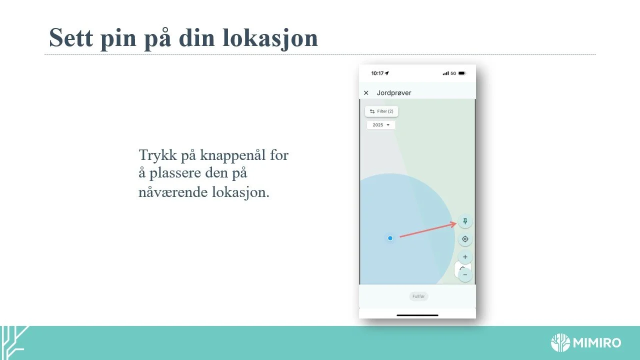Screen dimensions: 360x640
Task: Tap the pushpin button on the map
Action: click(x=465, y=221)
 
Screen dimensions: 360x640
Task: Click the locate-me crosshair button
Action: click(x=465, y=239)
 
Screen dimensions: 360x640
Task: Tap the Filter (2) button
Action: click(x=381, y=111)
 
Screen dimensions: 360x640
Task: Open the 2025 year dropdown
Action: click(x=381, y=125)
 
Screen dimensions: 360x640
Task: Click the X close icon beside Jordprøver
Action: click(x=366, y=93)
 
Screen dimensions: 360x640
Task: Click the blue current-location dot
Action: click(x=390, y=238)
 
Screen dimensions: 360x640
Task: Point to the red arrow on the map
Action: click(x=427, y=230)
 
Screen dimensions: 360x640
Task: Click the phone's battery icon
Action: click(x=461, y=73)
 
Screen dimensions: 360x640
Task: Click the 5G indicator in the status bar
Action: click(x=453, y=73)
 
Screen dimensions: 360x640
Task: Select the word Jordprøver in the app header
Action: click(x=394, y=93)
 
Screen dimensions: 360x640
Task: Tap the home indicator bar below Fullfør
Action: click(x=417, y=315)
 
